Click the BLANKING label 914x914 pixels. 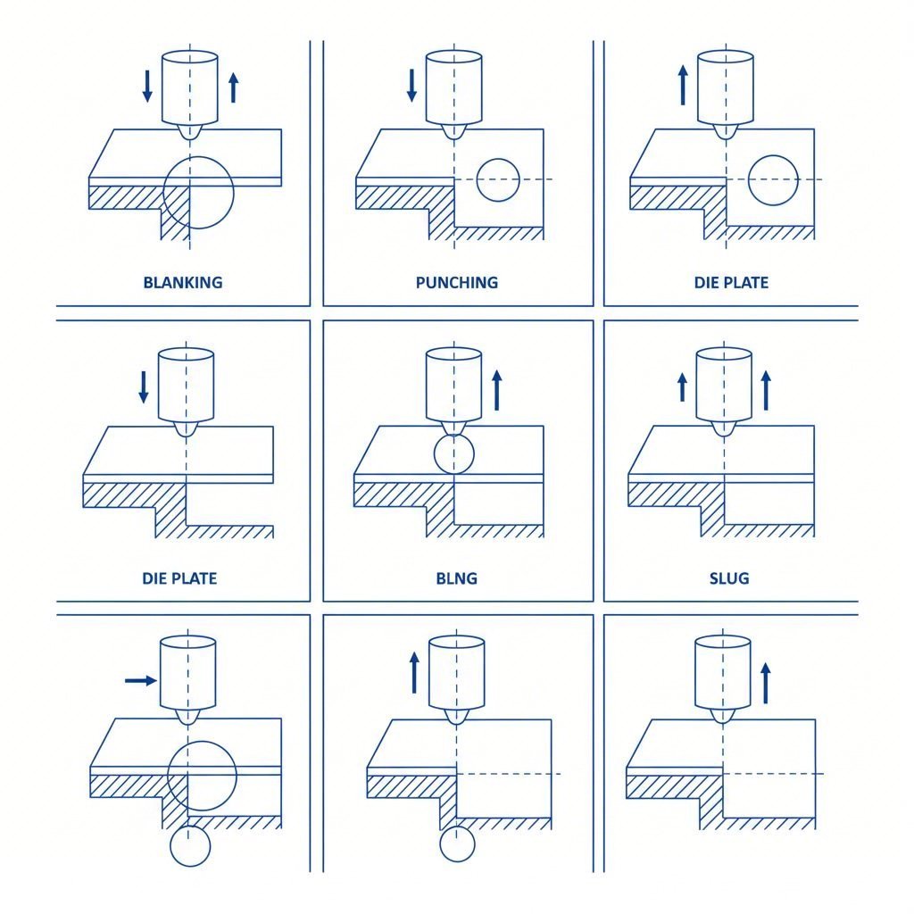click(182, 283)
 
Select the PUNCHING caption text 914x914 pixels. click(456, 283)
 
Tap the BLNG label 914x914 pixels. click(456, 578)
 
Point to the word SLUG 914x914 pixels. click(729, 578)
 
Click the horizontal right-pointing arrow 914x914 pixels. click(139, 680)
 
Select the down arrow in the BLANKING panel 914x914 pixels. click(147, 84)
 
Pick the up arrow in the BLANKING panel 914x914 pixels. click(233, 87)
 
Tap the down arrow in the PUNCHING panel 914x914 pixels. click(411, 84)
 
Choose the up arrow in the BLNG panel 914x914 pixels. click(497, 390)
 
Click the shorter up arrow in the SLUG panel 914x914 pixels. click(683, 388)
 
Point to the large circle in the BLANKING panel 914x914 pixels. click(198, 192)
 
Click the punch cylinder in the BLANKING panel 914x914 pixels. click(190, 87)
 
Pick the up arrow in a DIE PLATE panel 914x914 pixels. click(683, 84)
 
